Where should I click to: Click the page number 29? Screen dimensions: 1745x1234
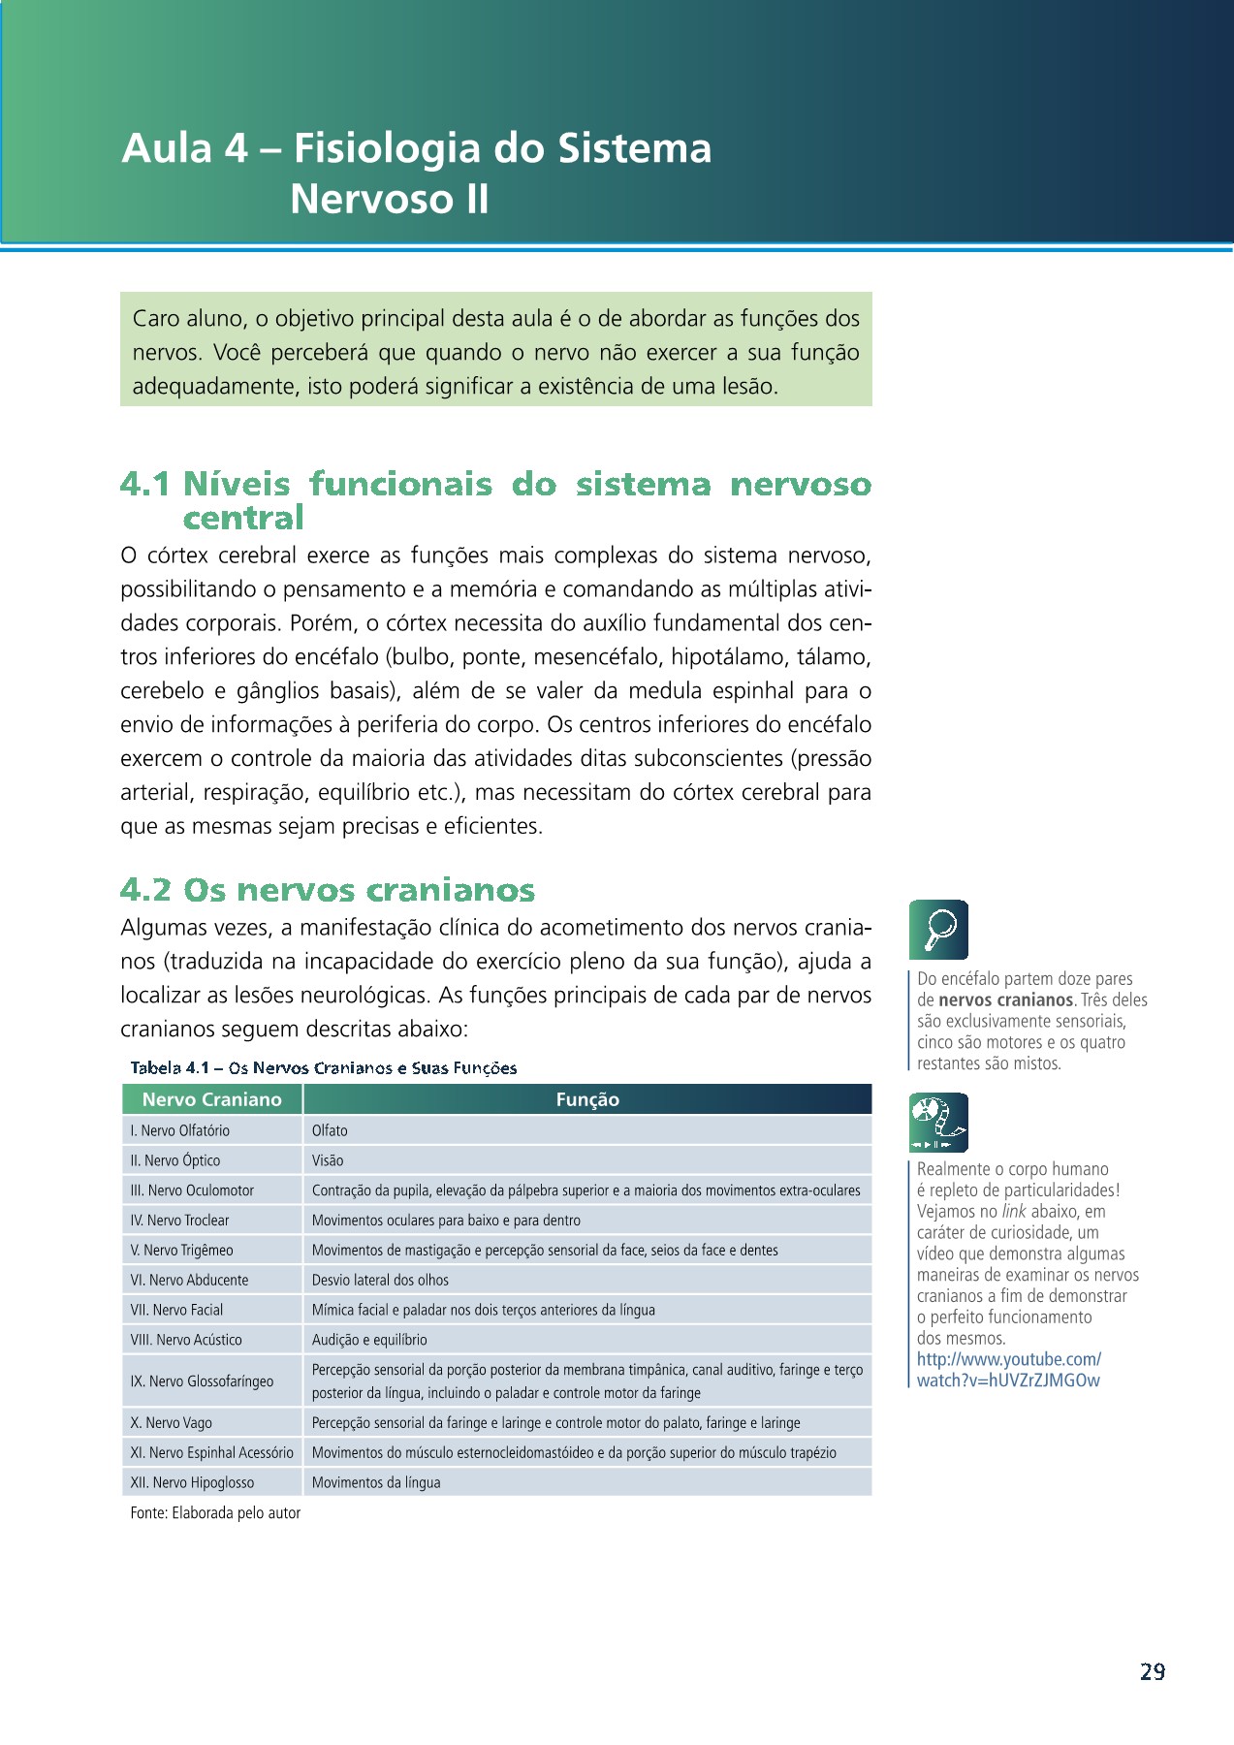[1152, 1671]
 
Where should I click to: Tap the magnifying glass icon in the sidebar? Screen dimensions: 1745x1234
[938, 929]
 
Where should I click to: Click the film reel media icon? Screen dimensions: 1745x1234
[938, 1123]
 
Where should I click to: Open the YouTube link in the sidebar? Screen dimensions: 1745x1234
[1008, 1370]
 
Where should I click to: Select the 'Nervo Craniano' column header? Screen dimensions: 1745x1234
[211, 1099]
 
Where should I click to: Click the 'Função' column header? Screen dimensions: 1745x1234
[587, 1099]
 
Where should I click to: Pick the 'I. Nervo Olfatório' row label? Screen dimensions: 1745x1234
[180, 1130]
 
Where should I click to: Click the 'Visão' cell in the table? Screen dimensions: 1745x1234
[328, 1160]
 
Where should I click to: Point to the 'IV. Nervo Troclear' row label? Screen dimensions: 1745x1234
[180, 1221]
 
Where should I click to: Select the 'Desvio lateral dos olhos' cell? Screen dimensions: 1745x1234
[380, 1280]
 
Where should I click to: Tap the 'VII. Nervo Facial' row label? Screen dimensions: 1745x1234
[177, 1310]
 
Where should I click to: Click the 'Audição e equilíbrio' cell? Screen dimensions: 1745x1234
[369, 1340]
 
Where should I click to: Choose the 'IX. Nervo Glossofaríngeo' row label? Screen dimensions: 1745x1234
[202, 1381]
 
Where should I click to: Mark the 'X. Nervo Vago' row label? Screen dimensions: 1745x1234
[172, 1423]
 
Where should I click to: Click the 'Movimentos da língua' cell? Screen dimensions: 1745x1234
[376, 1482]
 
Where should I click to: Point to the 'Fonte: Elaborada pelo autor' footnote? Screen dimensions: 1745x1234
[215, 1512]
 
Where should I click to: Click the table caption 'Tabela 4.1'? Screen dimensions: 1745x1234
[170, 1068]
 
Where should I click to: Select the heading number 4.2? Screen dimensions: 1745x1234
[146, 889]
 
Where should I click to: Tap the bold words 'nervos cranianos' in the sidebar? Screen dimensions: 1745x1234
[1005, 1000]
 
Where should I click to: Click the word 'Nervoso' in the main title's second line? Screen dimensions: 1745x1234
[371, 200]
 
